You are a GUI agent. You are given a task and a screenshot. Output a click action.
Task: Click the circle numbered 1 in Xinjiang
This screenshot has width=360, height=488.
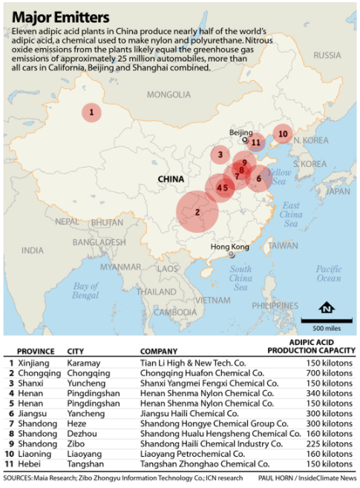pyautogui.click(x=91, y=113)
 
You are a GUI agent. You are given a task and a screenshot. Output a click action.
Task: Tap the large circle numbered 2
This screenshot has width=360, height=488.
pyautogui.click(x=197, y=211)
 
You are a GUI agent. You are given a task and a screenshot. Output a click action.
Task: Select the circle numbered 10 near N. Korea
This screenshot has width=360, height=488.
pyautogui.click(x=282, y=134)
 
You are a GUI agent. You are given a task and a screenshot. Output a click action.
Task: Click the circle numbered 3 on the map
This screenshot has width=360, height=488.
pyautogui.click(x=220, y=154)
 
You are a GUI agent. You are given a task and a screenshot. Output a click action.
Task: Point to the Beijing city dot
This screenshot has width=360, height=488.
pyautogui.click(x=244, y=139)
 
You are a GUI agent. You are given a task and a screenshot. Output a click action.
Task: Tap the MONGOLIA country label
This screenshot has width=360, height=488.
pyautogui.click(x=168, y=94)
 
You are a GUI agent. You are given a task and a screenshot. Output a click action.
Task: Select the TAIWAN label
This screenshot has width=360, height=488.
pyautogui.click(x=282, y=245)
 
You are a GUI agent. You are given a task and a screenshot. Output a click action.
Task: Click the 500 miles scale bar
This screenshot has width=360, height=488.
pyautogui.click(x=321, y=321)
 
